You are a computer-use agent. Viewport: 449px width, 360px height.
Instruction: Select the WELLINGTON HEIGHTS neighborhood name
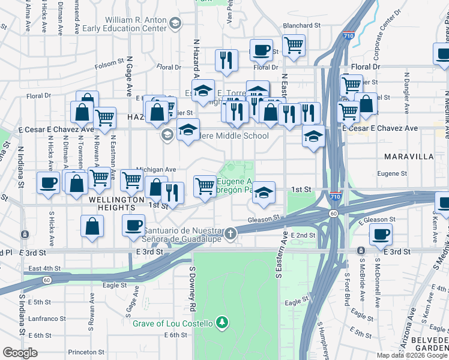pyautogui.click(x=112, y=203)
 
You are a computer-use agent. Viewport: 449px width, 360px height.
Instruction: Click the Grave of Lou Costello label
pyautogui.click(x=172, y=324)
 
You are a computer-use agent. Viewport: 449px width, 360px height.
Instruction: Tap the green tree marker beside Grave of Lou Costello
pyautogui.click(x=223, y=323)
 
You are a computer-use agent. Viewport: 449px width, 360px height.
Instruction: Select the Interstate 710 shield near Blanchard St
pyautogui.click(x=348, y=35)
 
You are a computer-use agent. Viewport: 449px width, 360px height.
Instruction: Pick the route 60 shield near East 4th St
pyautogui.click(x=47, y=280)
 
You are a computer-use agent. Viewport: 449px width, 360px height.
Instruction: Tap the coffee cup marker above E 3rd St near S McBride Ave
pyautogui.click(x=381, y=234)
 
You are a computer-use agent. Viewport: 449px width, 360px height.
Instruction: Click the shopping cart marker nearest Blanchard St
pyautogui.click(x=294, y=44)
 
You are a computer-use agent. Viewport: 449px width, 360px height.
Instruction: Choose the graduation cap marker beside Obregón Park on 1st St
pyautogui.click(x=264, y=193)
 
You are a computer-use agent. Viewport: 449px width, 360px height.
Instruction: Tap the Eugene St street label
pyautogui.click(x=393, y=174)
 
